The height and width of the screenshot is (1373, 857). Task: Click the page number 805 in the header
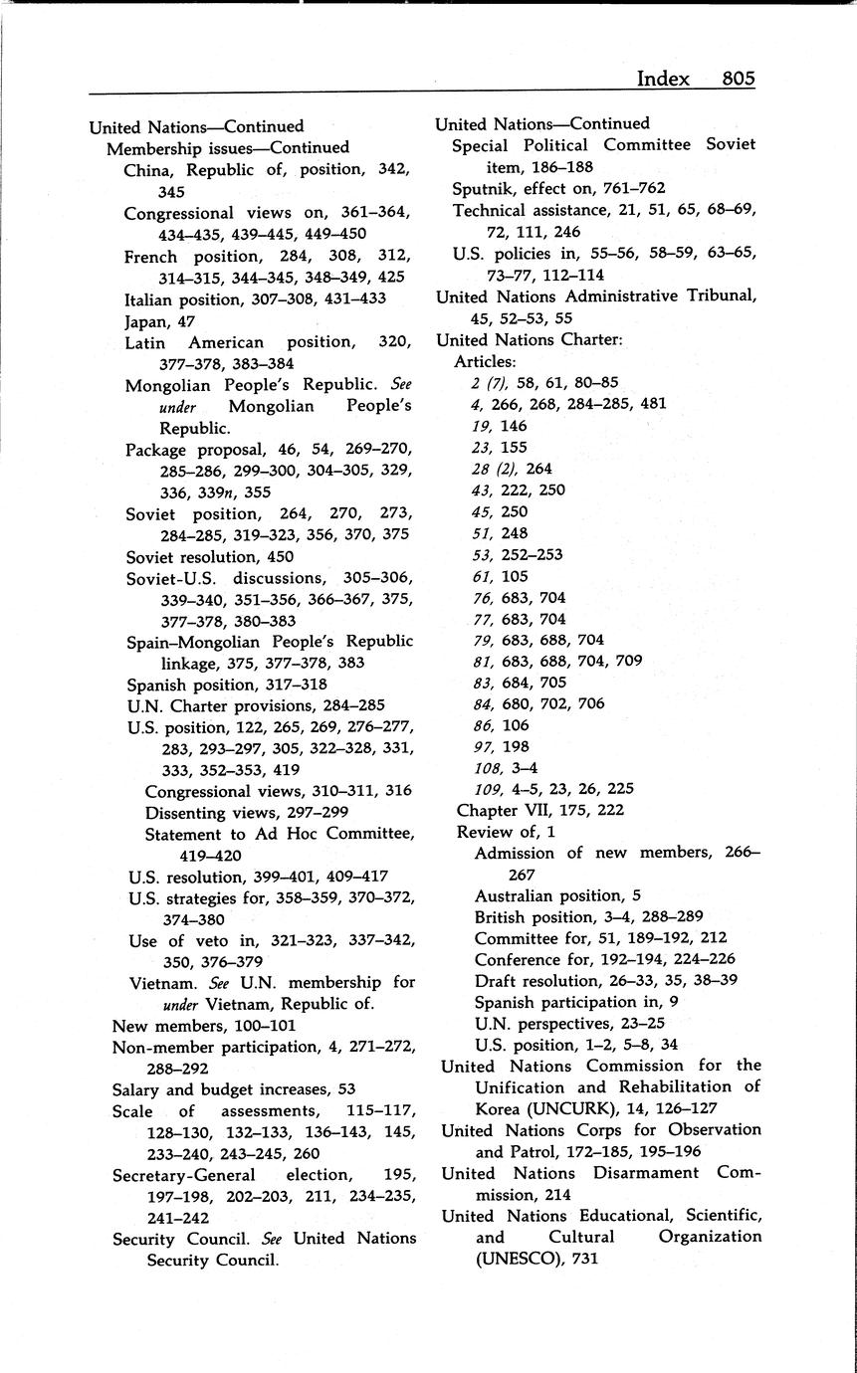point(739,79)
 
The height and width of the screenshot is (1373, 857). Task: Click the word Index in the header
point(663,79)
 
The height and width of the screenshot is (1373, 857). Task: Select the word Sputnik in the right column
point(484,188)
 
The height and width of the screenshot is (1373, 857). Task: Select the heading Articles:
point(485,361)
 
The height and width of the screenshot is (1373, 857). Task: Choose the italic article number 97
point(484,746)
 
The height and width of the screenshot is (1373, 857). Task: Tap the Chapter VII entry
point(539,810)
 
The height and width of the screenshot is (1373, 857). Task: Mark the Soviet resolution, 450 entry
point(210,557)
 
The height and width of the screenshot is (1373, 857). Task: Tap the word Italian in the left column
point(150,298)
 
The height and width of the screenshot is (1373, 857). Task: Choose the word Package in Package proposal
point(157,450)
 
